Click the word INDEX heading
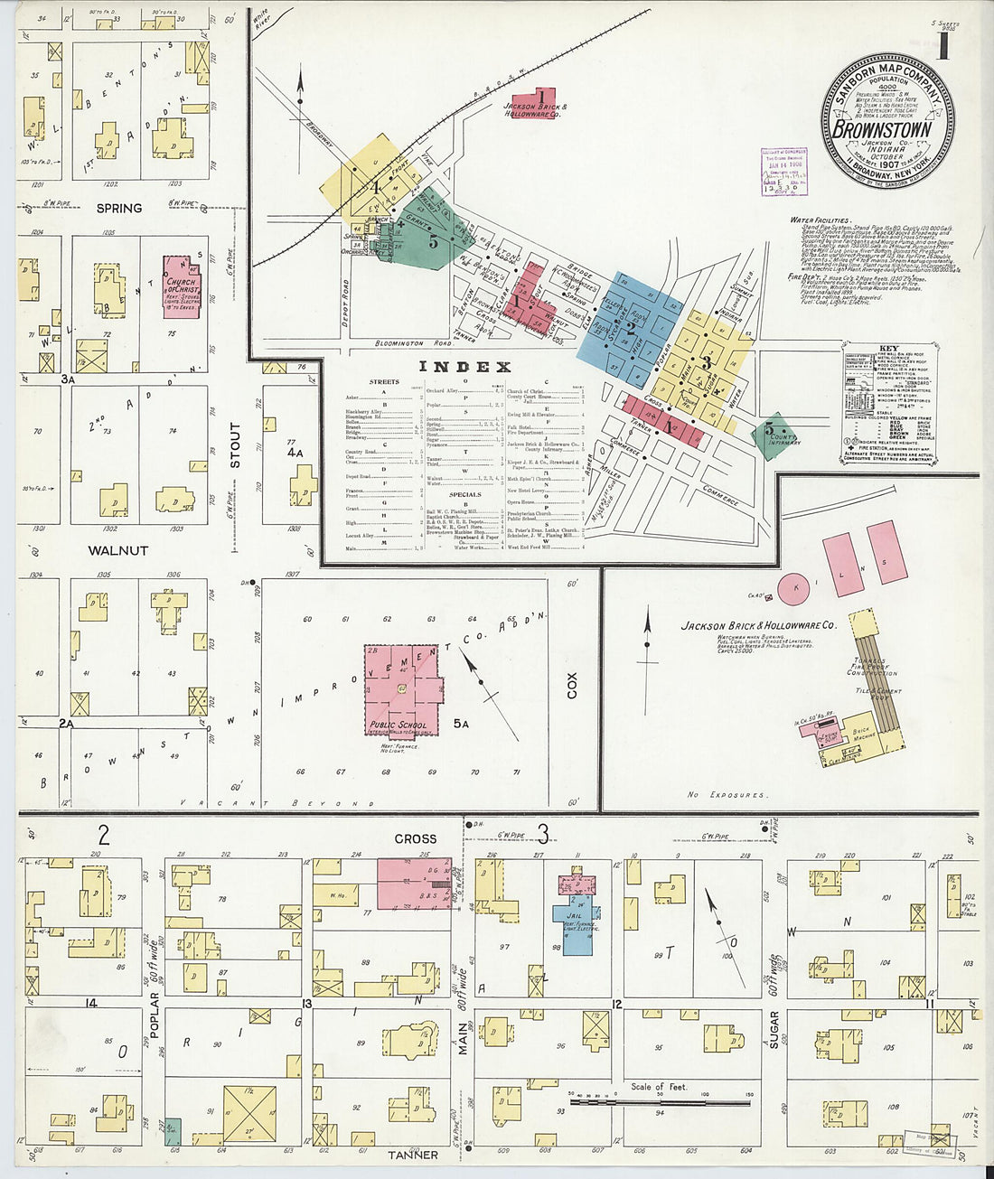[x=464, y=367]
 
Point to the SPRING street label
[x=118, y=208]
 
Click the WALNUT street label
[x=117, y=549]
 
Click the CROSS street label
[x=415, y=838]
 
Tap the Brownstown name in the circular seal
[x=886, y=128]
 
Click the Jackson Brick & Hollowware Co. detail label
[x=759, y=624]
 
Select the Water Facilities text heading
[x=820, y=220]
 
